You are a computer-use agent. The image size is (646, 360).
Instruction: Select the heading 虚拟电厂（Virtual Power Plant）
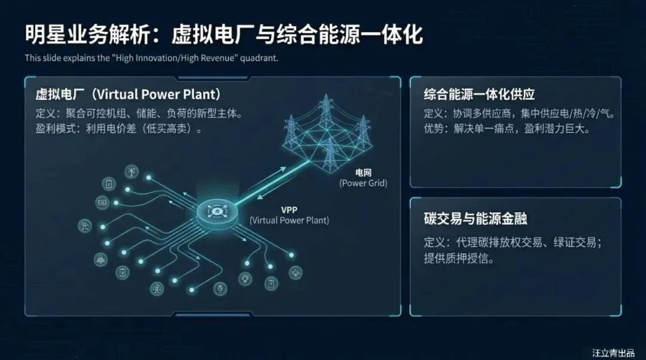point(129,94)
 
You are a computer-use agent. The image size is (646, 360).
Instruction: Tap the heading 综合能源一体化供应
point(479,94)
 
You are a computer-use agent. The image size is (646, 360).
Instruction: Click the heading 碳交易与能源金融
point(476,218)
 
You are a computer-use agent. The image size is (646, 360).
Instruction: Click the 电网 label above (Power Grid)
point(363,173)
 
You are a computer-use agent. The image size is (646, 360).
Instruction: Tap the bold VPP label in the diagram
point(289,210)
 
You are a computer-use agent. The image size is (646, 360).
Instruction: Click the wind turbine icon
point(130,172)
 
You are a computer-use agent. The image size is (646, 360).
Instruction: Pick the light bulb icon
point(245,278)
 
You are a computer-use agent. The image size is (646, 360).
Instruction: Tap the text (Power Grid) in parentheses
point(363,183)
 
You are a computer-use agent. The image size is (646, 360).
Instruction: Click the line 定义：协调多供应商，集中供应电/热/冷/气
point(519,113)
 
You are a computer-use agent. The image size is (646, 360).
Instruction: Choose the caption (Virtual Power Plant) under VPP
point(289,220)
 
